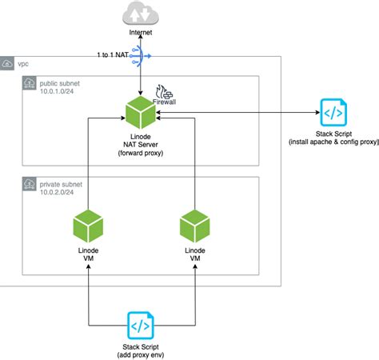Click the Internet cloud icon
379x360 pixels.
point(140,14)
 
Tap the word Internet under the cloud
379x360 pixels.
point(140,32)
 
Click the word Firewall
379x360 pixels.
point(164,102)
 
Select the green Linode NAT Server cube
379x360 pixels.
point(141,113)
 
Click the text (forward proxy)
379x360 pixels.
point(140,152)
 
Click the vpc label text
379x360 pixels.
point(24,62)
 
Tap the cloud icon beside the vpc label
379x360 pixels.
point(8,62)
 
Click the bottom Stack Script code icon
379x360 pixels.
point(140,326)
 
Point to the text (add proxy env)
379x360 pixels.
point(140,354)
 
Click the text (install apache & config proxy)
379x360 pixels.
point(331,142)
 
